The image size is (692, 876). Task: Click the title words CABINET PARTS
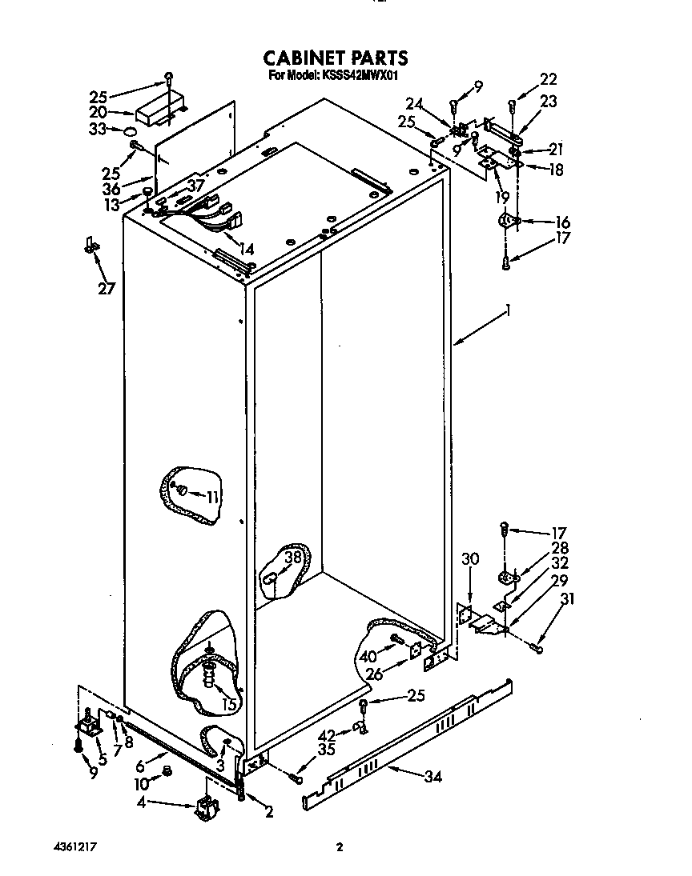click(x=336, y=58)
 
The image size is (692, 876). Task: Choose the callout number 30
click(x=470, y=559)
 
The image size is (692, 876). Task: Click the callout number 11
click(x=211, y=497)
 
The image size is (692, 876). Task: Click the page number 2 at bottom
click(x=340, y=847)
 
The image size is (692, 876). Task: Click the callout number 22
click(x=548, y=78)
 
